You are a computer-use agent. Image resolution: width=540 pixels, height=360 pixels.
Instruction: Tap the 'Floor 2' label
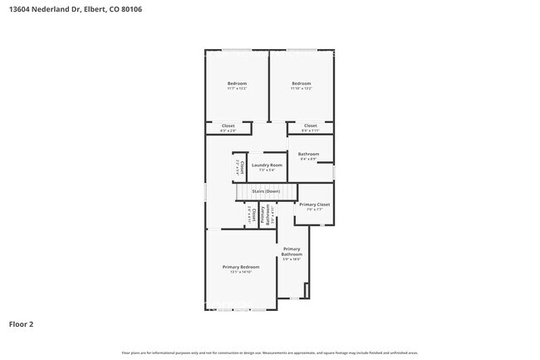[x=22, y=323]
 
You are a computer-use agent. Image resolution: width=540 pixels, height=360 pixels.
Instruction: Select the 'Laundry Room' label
[x=266, y=165]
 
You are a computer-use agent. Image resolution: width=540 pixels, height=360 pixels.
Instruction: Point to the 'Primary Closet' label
[x=315, y=205]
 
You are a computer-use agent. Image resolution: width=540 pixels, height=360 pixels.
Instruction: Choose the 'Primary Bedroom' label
[x=240, y=267]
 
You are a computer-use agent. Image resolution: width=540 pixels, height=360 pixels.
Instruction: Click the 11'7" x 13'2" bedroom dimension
[x=237, y=89]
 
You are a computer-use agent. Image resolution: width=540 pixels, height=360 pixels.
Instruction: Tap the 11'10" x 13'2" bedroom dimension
[x=301, y=89]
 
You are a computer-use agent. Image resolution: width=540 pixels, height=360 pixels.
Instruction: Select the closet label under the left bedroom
[x=228, y=126]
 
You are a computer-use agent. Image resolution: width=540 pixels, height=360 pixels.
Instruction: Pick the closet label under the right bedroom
[x=310, y=126]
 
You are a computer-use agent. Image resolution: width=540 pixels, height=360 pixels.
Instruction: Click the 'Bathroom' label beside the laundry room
[x=309, y=153]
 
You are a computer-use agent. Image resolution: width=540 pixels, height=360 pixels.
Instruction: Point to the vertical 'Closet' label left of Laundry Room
[x=243, y=165]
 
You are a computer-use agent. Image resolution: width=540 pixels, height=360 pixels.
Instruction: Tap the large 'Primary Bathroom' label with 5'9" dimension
[x=291, y=251]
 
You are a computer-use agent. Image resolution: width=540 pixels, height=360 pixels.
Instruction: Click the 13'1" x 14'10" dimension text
[x=240, y=273]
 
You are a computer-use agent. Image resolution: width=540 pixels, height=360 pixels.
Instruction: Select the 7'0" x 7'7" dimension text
[x=315, y=210]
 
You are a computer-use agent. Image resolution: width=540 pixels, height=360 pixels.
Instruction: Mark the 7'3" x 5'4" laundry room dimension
[x=266, y=170]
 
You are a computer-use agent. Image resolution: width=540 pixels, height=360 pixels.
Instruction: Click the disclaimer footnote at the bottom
[x=269, y=353]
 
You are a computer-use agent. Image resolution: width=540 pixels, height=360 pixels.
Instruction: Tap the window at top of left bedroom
[x=237, y=51]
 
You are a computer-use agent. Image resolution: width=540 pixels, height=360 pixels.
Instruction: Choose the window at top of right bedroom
[x=301, y=51]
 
